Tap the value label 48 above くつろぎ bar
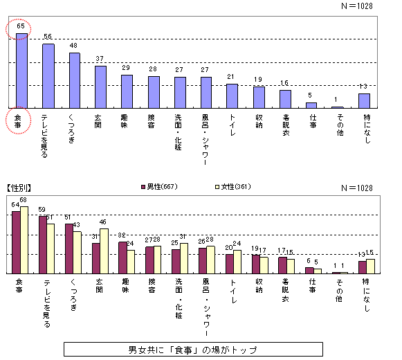(x=74, y=46)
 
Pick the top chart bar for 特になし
(x=364, y=101)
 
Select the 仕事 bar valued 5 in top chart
(x=311, y=105)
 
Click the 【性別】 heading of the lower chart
(x=20, y=188)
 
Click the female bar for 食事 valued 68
(x=25, y=240)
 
